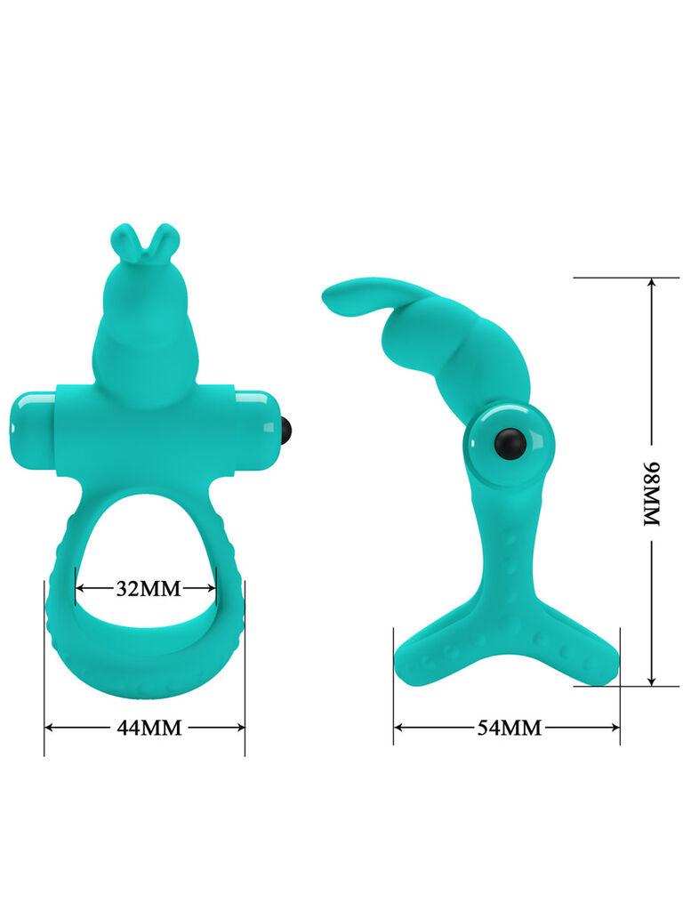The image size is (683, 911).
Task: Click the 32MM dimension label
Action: click(x=148, y=588)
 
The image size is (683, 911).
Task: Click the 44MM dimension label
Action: click(x=149, y=728)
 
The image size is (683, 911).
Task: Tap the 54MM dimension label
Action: click(x=509, y=728)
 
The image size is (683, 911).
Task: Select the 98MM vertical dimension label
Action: click(x=653, y=493)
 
